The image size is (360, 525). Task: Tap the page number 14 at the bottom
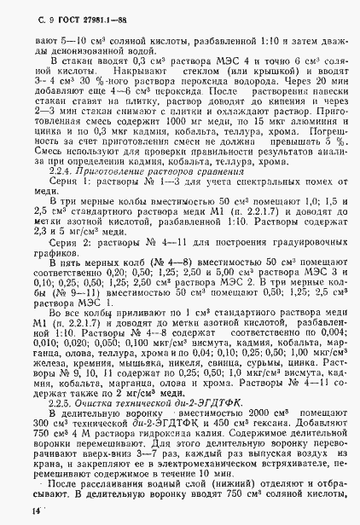coord(35,510)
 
